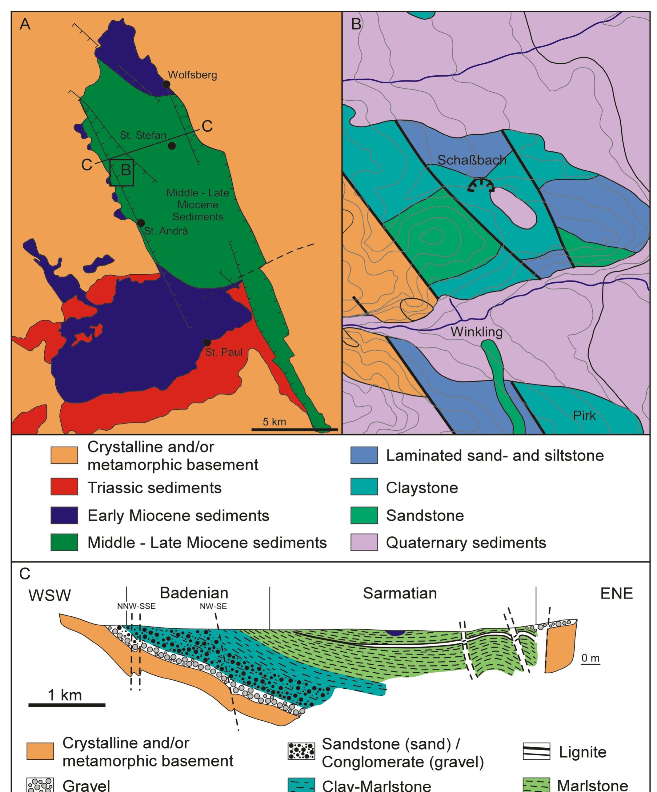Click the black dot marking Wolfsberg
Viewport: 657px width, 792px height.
tap(166, 84)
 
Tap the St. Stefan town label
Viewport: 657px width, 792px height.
tap(143, 135)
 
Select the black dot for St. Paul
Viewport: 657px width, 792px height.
tap(207, 342)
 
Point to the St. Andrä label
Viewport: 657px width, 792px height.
tap(166, 231)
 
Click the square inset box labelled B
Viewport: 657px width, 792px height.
tap(122, 173)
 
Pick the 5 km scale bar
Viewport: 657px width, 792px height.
tap(294, 429)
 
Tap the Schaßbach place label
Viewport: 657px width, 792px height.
tap(472, 160)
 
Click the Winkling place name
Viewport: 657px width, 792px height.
tap(477, 332)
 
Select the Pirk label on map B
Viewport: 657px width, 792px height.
tap(584, 416)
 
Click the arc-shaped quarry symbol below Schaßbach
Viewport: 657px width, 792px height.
tap(481, 185)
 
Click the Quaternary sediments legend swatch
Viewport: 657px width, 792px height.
tap(364, 542)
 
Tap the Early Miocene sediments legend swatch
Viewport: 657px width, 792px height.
tap(64, 515)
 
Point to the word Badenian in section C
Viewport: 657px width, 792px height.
tap(194, 593)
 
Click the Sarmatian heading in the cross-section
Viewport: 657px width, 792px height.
tap(400, 593)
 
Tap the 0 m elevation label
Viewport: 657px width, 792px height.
tap(590, 658)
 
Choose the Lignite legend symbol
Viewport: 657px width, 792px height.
tap(536, 751)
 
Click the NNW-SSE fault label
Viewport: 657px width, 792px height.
tap(136, 607)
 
